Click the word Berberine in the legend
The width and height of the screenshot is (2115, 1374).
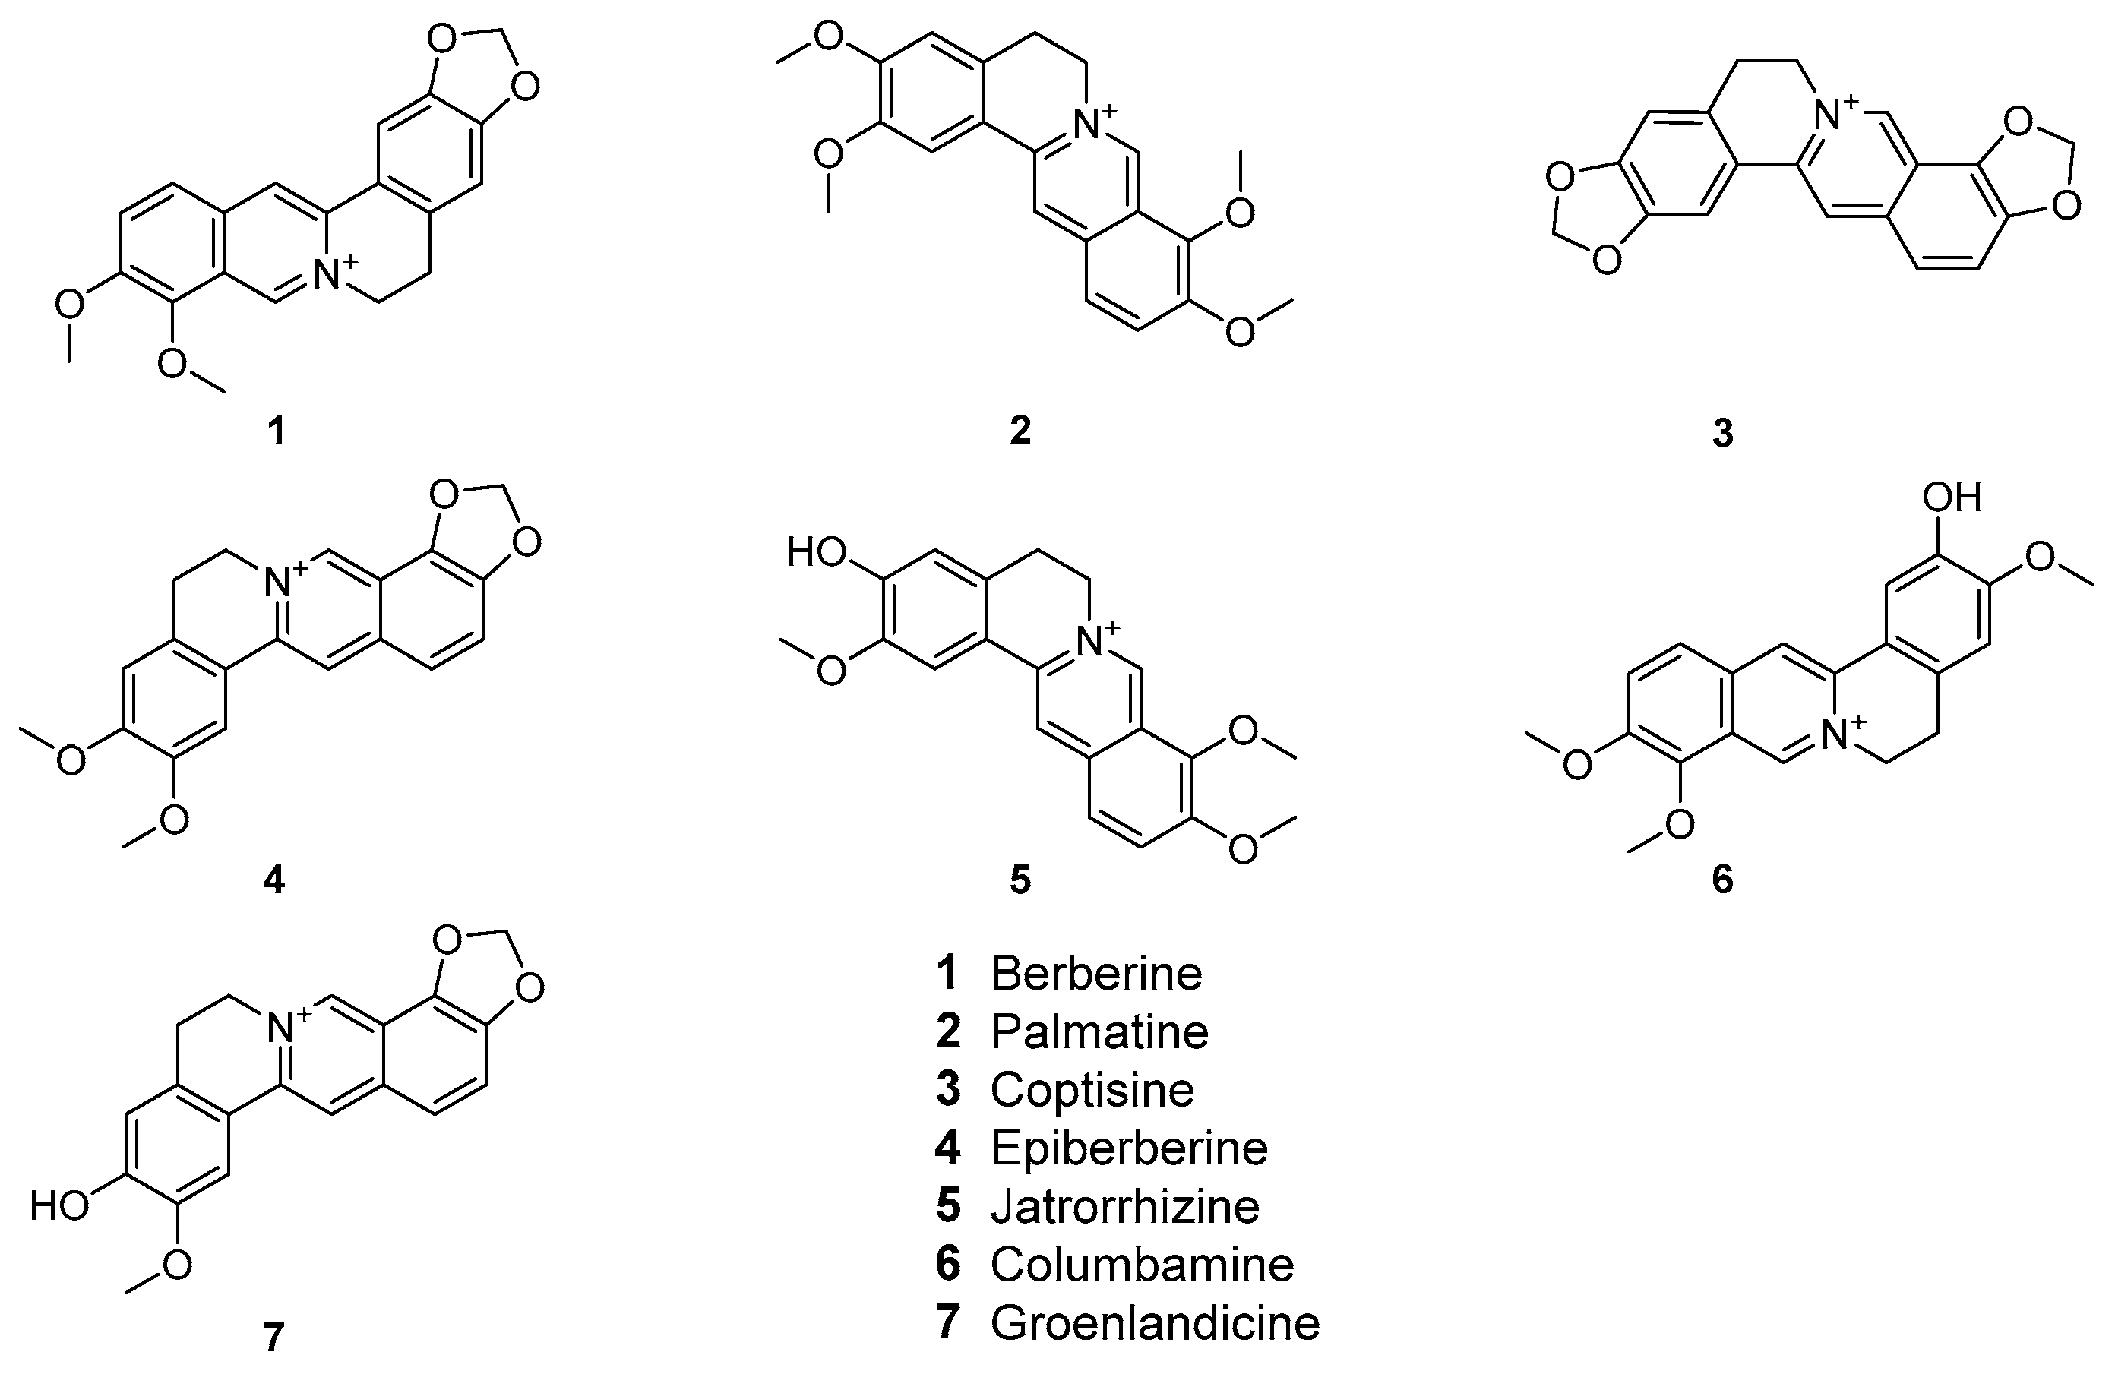1095,974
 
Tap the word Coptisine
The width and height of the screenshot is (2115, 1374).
1092,1091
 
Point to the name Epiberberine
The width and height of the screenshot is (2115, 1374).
1129,1148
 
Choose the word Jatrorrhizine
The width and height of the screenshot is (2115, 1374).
1125,1207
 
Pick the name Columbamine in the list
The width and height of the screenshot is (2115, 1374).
1142,1265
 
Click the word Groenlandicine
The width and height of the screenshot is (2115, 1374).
1156,1323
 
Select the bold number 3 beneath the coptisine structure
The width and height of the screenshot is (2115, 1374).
1722,434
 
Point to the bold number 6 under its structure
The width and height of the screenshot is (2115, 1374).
1722,880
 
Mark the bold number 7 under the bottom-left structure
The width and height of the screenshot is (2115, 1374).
273,1338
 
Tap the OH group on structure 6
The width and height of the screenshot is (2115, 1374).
1952,497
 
